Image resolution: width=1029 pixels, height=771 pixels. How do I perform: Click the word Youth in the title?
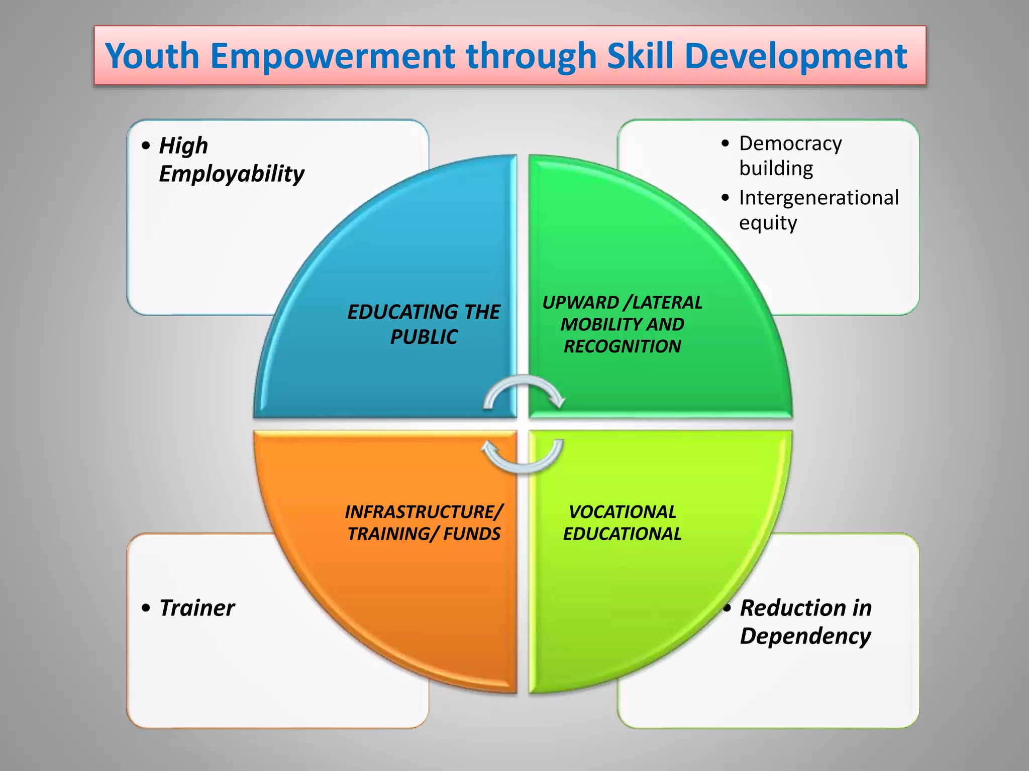152,56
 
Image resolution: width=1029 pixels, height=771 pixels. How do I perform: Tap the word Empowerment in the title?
332,56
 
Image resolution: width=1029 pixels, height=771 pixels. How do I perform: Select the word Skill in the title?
639,56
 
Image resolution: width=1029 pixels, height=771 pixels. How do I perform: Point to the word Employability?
231,174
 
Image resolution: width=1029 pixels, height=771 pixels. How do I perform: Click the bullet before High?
146,146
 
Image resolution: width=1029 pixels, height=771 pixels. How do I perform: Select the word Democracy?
790,144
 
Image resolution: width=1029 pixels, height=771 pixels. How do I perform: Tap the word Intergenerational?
818,198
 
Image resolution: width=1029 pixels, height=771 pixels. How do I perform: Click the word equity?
767,223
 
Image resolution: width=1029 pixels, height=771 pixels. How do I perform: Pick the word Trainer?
196,608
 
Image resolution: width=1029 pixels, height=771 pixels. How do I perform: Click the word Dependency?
805,636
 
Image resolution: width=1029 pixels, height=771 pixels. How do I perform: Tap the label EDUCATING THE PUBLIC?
424,324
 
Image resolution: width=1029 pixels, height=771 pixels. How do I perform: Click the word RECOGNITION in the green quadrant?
622,346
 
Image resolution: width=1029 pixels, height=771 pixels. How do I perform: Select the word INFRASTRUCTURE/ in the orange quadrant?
424,512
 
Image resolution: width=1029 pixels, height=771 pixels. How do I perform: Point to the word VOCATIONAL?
622,512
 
